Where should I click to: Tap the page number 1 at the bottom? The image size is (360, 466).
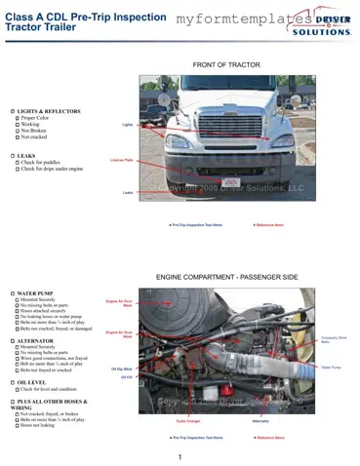(180, 456)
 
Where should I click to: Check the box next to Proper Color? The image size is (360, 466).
(17, 118)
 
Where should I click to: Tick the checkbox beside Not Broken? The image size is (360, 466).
(17, 131)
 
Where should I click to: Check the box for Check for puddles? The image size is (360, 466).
(17, 162)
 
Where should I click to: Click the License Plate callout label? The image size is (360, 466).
(122, 158)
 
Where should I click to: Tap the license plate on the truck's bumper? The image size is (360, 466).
(231, 181)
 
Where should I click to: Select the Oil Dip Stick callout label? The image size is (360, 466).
(122, 369)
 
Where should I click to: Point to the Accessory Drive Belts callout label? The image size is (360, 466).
(332, 340)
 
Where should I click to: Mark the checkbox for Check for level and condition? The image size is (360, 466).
(17, 389)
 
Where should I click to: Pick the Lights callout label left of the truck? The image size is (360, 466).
(127, 125)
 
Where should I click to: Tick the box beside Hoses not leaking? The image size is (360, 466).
(17, 425)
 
